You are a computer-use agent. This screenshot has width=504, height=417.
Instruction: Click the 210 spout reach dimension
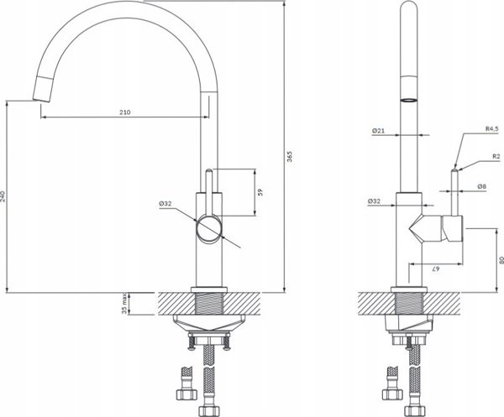[x=125, y=112]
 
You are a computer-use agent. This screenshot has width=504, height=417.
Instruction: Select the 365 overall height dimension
[x=290, y=156]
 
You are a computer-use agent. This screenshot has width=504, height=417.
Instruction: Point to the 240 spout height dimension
[x=3, y=196]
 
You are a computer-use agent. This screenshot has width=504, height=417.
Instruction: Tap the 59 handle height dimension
[x=260, y=192]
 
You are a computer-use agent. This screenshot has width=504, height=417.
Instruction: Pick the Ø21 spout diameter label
[x=378, y=131]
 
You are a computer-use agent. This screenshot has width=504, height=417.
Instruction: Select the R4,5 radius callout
[x=491, y=129]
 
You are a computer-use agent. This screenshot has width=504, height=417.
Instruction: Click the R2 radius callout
[x=496, y=157]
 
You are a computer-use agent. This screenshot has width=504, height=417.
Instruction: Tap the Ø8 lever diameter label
[x=481, y=186]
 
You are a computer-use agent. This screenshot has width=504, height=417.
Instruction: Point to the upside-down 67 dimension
[x=434, y=269]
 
